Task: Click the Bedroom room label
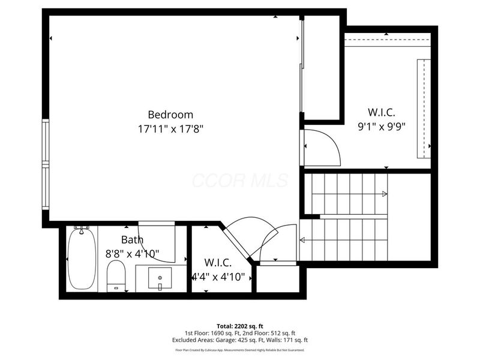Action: [170, 115]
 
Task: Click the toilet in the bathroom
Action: [116, 275]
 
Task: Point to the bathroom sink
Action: [160, 278]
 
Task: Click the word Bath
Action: [131, 240]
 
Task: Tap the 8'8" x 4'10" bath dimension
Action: [132, 253]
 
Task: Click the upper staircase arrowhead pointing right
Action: [383, 194]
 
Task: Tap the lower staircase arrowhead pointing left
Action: [301, 241]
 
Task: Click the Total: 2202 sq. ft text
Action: [240, 326]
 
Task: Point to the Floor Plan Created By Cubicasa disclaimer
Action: [240, 350]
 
